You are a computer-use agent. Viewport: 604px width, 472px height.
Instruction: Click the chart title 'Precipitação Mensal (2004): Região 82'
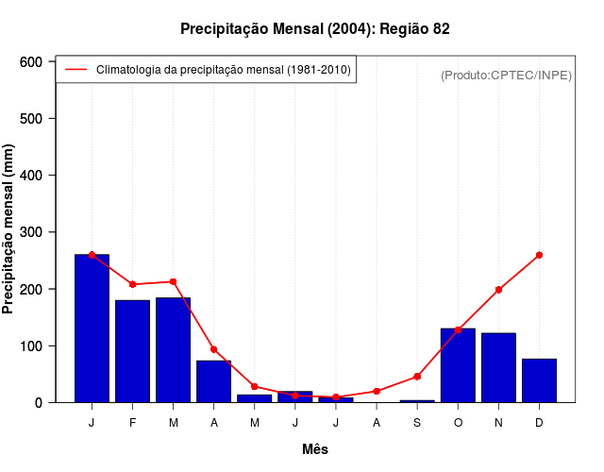click(x=314, y=29)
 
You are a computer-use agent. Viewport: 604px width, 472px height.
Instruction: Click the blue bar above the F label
click(x=132, y=350)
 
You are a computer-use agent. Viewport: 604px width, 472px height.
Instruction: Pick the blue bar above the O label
click(x=458, y=364)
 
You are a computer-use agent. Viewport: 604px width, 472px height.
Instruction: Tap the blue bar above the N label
click(x=498, y=367)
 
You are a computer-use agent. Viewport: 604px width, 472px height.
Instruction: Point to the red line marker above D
click(x=539, y=255)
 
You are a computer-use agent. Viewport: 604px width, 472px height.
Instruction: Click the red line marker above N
click(x=498, y=290)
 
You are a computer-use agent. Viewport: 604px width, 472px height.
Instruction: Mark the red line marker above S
click(x=417, y=377)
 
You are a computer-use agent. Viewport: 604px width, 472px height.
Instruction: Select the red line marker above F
click(x=132, y=284)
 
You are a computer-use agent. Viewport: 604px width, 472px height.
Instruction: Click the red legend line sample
click(x=75, y=70)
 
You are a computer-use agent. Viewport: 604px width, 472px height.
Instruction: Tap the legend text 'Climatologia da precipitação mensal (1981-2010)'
click(x=223, y=70)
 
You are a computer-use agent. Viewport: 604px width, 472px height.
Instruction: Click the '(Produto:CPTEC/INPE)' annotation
click(x=506, y=75)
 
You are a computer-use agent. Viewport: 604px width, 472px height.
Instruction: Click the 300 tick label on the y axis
click(x=32, y=232)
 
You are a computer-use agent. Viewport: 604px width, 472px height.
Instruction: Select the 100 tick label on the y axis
click(x=32, y=346)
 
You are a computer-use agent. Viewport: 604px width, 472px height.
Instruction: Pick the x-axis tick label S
click(x=417, y=423)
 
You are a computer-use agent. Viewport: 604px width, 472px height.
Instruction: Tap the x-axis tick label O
click(x=458, y=423)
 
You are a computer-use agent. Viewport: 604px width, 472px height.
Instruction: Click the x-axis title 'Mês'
click(x=315, y=449)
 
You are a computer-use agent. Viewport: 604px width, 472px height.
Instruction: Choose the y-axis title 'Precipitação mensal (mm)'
click(x=9, y=229)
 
